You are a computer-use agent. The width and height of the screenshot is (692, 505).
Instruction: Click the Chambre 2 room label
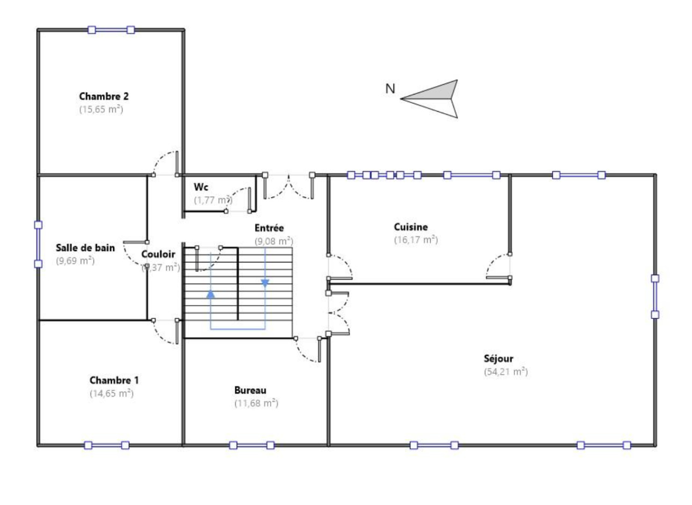104,96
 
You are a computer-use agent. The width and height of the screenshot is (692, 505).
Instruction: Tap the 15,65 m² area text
101,109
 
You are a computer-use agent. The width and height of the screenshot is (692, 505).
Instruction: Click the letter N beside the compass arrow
390,88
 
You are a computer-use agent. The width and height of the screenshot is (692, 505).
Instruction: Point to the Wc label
201,187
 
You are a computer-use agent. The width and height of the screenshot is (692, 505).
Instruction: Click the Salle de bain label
85,248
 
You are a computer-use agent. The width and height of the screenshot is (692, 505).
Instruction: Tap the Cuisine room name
411,227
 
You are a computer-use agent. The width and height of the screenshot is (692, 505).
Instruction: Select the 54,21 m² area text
505,372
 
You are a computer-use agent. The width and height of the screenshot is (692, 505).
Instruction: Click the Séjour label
498,359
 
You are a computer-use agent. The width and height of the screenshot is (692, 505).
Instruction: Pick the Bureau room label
250,390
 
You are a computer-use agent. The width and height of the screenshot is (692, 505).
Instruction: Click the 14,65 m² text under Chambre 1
111,393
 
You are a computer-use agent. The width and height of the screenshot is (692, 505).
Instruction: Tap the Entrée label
269,228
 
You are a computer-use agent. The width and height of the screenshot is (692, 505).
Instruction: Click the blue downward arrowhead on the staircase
265,283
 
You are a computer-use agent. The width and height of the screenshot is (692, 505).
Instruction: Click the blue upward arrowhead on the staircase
211,294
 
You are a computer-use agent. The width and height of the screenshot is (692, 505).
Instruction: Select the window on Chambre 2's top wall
111,30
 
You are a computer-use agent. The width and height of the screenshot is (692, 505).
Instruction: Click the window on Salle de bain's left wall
38,244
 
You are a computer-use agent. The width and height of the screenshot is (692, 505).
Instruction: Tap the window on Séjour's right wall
655,296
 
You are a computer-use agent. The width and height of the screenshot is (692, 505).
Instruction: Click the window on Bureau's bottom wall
252,445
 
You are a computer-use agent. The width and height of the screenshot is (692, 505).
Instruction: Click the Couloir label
158,254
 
